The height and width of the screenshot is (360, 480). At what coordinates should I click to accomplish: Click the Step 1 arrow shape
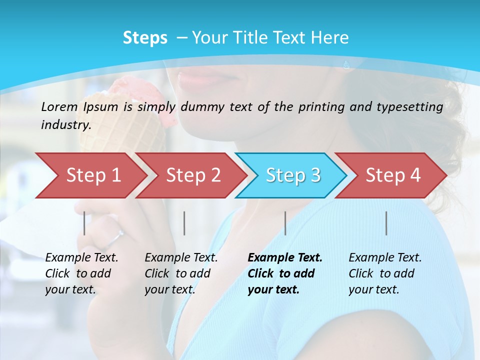coord(93,175)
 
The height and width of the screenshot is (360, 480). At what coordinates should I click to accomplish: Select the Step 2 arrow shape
coord(193,175)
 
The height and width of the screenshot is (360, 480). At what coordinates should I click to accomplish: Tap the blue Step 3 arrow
coord(293,175)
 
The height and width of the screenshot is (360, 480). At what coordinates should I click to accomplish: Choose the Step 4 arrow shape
coord(393,175)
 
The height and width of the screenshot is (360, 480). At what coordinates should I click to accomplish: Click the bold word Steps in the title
coord(145,38)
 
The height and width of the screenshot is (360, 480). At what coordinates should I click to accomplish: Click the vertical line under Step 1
coord(84,223)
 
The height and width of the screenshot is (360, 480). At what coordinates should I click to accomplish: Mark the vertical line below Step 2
coord(184,223)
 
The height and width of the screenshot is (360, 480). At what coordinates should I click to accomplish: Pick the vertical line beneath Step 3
coord(285,223)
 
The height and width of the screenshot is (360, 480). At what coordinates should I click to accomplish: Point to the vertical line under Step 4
coord(386,223)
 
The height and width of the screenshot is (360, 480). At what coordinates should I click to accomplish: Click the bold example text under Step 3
coord(285,273)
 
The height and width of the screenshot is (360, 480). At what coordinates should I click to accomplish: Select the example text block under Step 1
coord(81,273)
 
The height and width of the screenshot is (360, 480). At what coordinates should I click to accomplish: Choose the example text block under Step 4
coord(385,273)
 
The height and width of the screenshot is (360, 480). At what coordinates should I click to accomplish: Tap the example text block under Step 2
coord(181,273)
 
